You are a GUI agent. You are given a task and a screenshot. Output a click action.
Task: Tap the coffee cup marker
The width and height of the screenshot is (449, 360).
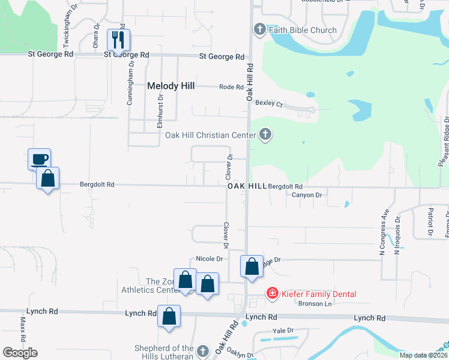[x=40, y=160]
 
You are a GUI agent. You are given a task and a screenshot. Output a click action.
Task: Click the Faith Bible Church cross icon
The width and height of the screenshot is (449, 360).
[x=260, y=29]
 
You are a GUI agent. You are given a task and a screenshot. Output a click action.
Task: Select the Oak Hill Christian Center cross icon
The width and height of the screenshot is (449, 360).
[x=265, y=135]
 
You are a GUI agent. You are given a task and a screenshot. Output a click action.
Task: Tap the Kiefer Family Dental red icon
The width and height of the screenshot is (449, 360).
[x=272, y=293]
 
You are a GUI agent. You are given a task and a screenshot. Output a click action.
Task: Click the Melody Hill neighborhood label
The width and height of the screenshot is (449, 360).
[x=171, y=86]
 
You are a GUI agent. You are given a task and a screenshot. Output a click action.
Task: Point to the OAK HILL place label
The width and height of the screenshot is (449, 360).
[x=247, y=187]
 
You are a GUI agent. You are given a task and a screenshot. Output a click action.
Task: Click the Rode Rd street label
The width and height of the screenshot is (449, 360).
[x=231, y=87]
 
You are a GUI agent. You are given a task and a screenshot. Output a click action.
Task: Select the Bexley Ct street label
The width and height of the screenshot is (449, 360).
[x=268, y=103]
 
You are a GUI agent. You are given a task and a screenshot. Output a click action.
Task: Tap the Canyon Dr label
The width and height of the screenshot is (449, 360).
[x=307, y=195]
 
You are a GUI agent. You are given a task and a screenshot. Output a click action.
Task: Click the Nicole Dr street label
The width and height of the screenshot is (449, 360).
[x=209, y=259]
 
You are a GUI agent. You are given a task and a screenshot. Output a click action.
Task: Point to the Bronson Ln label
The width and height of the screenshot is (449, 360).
[x=315, y=304]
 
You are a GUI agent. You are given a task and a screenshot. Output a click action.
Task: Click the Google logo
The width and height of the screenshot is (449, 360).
[x=20, y=353]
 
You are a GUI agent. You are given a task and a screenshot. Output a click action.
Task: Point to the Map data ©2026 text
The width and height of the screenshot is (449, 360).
[x=423, y=355]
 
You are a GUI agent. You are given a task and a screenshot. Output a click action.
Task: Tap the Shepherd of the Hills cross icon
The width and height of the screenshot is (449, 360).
[x=203, y=350]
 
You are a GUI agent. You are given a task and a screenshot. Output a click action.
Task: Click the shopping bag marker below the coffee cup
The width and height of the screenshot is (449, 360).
[x=47, y=179]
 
